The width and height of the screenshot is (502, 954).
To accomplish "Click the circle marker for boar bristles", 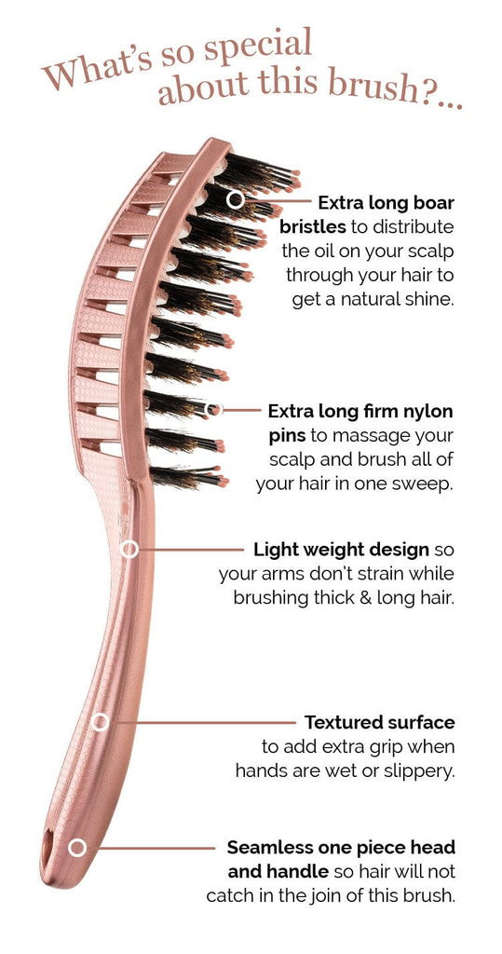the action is tap(236, 199).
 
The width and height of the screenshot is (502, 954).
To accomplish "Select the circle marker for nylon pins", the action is tap(213, 410).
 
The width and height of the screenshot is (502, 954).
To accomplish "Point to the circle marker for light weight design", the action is tap(129, 550).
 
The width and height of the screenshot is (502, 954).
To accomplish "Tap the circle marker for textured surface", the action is tap(100, 722).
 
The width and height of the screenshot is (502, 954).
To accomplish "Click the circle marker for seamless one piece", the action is tap(77, 848).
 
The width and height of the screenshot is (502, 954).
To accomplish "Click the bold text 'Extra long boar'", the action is tap(387, 202).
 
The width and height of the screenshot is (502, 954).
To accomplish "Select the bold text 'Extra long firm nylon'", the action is tap(360, 412).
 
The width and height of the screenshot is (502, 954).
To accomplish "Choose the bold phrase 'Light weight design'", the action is tap(342, 551).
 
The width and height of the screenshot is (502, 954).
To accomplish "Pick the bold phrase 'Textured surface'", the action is tap(380, 722).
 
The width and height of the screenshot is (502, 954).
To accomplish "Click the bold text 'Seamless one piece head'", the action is tap(342, 848).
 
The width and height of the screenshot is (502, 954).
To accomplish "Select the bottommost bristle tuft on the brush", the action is tap(189, 476).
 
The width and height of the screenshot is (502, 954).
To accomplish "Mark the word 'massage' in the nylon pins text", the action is tap(371, 437).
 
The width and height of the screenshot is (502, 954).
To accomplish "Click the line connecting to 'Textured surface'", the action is tap(206, 722).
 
